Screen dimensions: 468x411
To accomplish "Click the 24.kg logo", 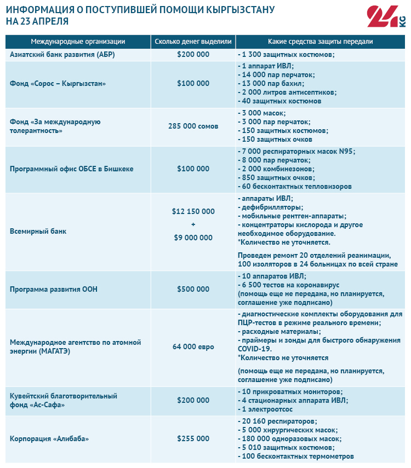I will tap(386, 19).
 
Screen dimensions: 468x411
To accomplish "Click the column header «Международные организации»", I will tap(77, 42).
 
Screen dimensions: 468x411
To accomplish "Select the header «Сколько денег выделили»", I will tap(193, 42).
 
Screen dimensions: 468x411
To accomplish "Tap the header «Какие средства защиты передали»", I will tap(321, 42).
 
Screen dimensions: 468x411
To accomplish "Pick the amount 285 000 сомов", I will tap(193, 126).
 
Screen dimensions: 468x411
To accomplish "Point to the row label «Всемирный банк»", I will tap(38, 231).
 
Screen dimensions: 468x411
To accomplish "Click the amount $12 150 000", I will tap(193, 211).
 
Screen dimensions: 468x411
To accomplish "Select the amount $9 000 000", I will tap(193, 238).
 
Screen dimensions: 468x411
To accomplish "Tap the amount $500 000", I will tap(193, 289).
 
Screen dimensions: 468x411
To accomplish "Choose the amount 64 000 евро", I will tap(193, 347).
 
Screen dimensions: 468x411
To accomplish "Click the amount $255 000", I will tap(193, 438).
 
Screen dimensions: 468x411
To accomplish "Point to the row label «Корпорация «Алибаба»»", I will tap(49, 438).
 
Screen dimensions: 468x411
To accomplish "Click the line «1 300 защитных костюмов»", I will tap(287, 55).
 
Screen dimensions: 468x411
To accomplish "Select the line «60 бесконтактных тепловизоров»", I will tap(296, 187).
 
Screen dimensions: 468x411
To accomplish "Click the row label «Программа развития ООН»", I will tap(54, 289).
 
